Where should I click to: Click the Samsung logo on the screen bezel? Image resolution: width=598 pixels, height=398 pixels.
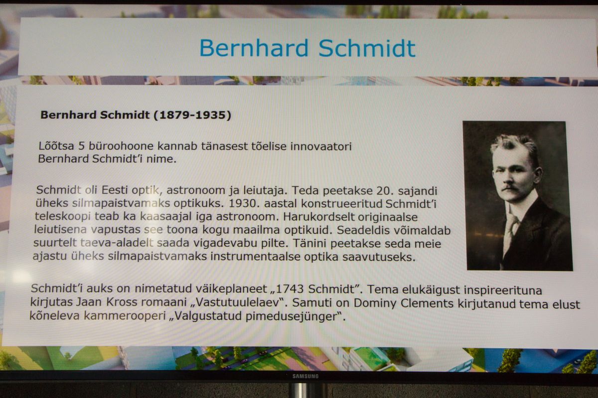tap(305, 376)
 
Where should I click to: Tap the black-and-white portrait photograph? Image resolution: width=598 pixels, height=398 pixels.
tap(518, 196)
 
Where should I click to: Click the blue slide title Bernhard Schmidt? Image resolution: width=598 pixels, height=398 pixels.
tap(307, 48)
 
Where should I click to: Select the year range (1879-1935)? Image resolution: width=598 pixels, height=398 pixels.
tap(192, 115)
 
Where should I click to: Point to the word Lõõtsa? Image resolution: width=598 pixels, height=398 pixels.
tap(56, 146)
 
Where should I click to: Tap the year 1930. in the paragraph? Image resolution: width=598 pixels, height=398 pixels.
tap(244, 203)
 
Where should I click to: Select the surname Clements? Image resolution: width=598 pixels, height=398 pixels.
tap(427, 303)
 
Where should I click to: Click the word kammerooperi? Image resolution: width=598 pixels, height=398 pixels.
tap(125, 316)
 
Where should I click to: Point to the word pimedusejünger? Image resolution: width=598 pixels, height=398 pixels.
tap(292, 317)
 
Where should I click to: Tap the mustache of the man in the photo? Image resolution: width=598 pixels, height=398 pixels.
tap(510, 188)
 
